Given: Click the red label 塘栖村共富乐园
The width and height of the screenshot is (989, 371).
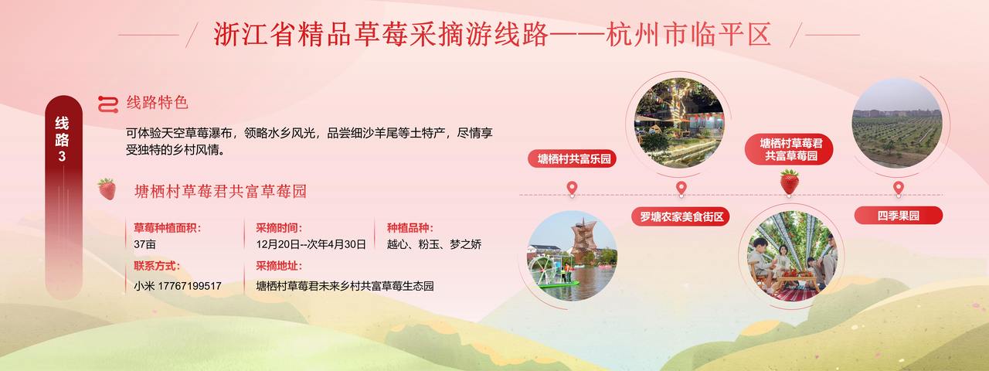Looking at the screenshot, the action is (573, 158).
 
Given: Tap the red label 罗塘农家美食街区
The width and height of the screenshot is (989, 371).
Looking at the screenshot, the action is (681, 216).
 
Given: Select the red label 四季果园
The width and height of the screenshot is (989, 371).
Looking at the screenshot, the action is (898, 216).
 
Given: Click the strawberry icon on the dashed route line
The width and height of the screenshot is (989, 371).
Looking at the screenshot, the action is (790, 182).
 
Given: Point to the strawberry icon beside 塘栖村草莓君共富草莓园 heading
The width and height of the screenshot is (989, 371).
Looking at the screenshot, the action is (107, 189).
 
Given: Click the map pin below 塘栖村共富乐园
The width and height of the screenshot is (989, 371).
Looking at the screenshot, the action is (573, 189).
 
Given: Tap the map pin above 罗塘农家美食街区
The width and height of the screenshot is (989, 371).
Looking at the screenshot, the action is (681, 189).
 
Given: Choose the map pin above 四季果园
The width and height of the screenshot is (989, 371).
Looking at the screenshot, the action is (898, 189).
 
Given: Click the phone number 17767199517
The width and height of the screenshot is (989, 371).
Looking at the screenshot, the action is (189, 286).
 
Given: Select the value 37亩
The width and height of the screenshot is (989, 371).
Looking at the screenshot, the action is (144, 244).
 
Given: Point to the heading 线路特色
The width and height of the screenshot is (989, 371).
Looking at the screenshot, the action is (158, 103).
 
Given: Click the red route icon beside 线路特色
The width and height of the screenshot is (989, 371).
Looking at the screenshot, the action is (107, 104).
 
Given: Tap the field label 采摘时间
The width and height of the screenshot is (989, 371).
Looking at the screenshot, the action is (279, 228).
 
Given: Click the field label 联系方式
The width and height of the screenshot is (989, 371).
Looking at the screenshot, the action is (157, 266).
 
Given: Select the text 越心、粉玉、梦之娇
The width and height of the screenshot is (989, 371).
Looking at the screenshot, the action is (434, 244).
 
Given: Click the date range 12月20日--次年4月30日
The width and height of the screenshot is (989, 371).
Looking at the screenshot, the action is (311, 244).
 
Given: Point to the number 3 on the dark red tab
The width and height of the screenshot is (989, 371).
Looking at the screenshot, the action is (62, 156).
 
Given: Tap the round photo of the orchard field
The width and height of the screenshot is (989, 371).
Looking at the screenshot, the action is (897, 123).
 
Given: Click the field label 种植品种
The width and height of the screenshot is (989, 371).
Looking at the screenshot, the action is (410, 228).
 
